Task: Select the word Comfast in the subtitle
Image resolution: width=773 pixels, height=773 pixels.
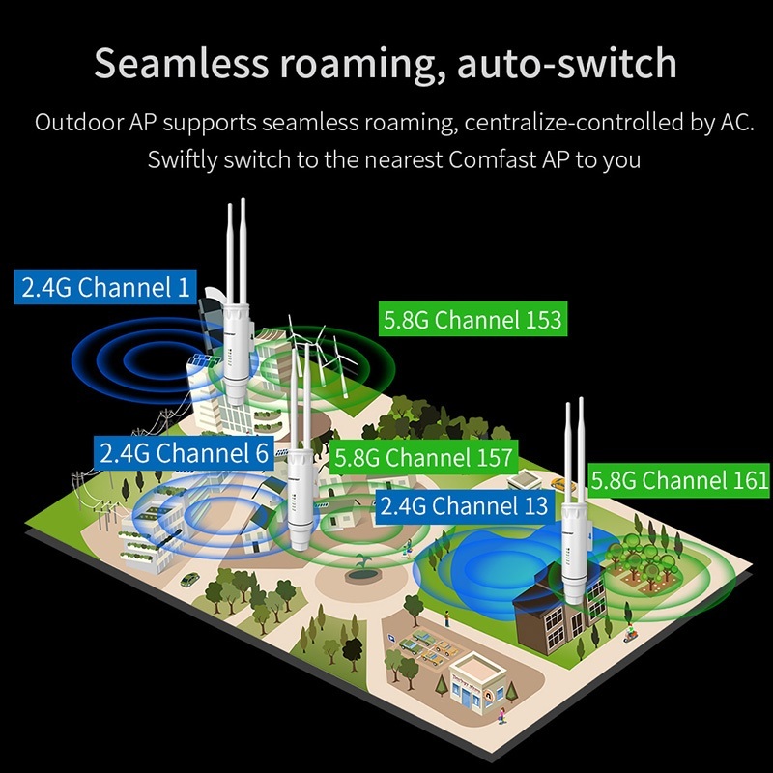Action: (x=495, y=159)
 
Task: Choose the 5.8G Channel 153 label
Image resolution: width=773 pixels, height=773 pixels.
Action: (x=472, y=320)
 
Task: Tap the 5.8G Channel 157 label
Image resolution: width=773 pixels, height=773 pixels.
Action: (x=422, y=457)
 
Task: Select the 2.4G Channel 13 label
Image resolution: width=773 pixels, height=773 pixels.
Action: (x=464, y=505)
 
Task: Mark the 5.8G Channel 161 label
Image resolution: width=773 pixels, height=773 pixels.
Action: (x=680, y=480)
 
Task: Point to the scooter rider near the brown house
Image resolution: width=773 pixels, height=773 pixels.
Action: (x=629, y=635)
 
